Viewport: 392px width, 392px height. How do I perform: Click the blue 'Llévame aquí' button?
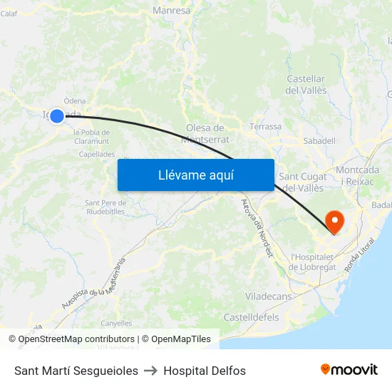pyautogui.click(x=195, y=175)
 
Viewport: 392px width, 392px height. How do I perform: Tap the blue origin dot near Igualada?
pyautogui.click(x=57, y=115)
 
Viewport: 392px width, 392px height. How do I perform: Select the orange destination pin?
pyautogui.click(x=333, y=222)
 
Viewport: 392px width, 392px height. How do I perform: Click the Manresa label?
pyautogui.click(x=172, y=11)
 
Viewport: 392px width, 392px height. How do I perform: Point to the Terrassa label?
pyautogui.click(x=266, y=126)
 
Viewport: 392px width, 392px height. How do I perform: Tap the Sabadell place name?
pyautogui.click(x=319, y=140)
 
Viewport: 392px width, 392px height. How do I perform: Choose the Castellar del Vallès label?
pyautogui.click(x=306, y=84)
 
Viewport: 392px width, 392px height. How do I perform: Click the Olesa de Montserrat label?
pyautogui.click(x=205, y=133)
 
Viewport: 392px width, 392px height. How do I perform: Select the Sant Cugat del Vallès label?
pyautogui.click(x=303, y=182)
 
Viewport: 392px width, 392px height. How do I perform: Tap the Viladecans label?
pyautogui.click(x=267, y=295)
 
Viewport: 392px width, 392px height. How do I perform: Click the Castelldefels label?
pyautogui.click(x=251, y=316)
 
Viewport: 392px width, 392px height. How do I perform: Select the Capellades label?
pyautogui.click(x=96, y=154)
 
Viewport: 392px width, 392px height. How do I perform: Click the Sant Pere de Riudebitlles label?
pyautogui.click(x=105, y=207)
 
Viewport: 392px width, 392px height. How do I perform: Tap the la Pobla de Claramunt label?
pyautogui.click(x=91, y=136)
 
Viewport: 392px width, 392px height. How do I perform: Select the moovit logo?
pyautogui.click(x=349, y=370)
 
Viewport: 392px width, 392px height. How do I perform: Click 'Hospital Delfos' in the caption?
pyautogui.click(x=205, y=371)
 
